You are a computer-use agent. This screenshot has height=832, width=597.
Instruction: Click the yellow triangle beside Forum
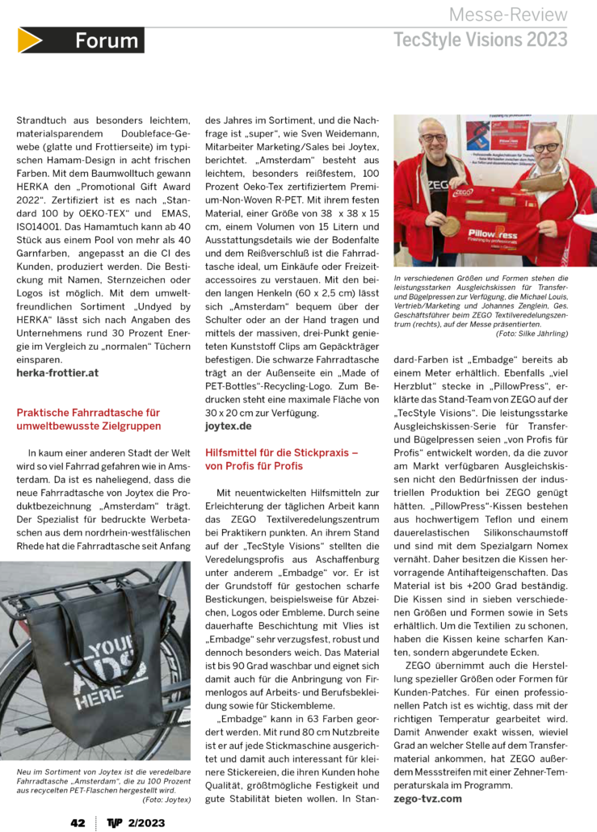coord(30,40)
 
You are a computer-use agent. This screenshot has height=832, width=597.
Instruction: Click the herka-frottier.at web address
coord(57,373)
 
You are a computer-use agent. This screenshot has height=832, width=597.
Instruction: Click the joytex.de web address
coord(228,424)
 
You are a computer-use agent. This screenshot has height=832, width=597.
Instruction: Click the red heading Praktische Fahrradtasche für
coord(88,412)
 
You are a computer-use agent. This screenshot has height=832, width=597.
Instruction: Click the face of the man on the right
coord(548,149)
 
